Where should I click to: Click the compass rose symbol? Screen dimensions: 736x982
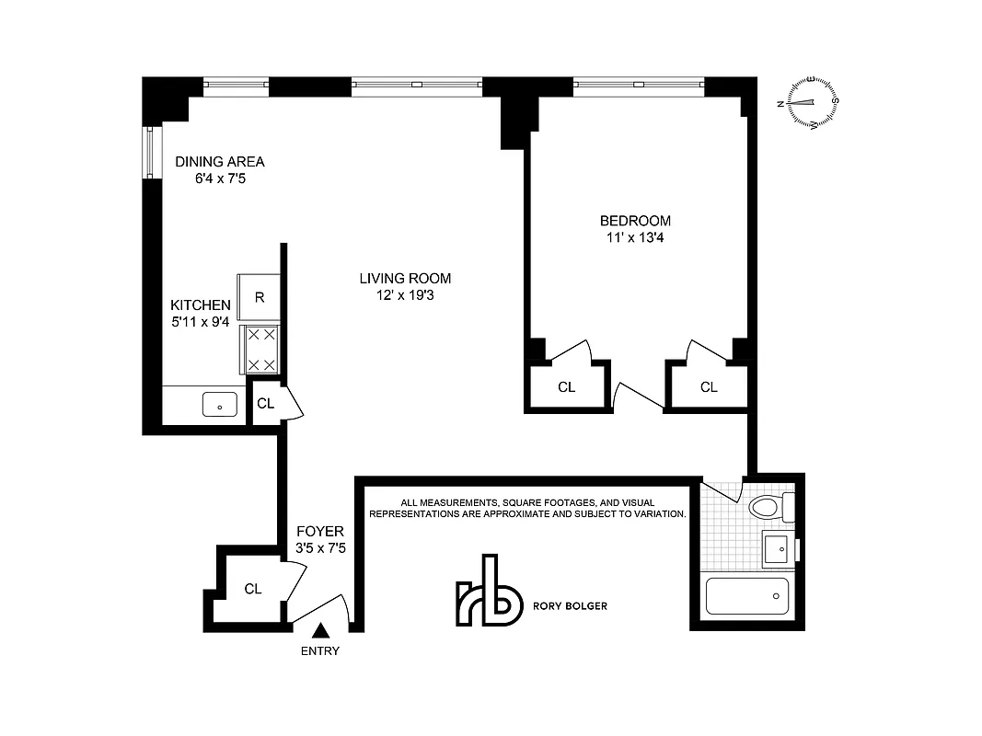[813, 102]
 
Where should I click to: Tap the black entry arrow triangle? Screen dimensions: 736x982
[320, 631]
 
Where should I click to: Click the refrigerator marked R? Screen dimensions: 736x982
[260, 297]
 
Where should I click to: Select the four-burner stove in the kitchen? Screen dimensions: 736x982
[260, 350]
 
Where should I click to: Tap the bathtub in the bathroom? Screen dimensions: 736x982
[746, 596]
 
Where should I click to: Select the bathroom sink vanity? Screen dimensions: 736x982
[779, 549]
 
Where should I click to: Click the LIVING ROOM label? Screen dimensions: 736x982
[405, 279]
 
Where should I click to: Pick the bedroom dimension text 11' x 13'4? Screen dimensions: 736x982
[635, 237]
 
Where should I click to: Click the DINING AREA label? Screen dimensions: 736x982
[220, 162]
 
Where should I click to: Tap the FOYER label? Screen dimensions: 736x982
[319, 532]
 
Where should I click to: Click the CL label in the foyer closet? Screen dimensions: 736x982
[253, 589]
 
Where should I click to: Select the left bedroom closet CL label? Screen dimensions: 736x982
[567, 387]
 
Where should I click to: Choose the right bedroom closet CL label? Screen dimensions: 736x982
[709, 387]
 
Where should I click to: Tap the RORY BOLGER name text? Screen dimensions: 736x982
[570, 606]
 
